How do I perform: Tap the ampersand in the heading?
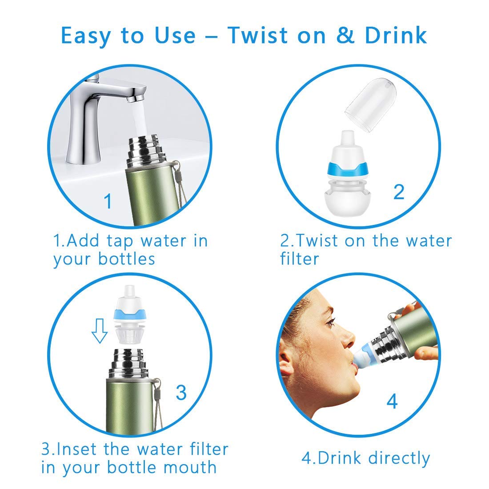tap(345, 35)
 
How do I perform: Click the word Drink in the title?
tap(396, 35)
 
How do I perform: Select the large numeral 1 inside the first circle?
tap(108, 201)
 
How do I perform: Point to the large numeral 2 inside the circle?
tap(399, 192)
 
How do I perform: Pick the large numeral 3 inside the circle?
tap(181, 393)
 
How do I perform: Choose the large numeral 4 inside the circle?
tap(392, 401)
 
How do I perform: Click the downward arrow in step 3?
tap(100, 331)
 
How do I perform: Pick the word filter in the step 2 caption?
tap(299, 259)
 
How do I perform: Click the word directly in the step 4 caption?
tap(399, 459)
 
